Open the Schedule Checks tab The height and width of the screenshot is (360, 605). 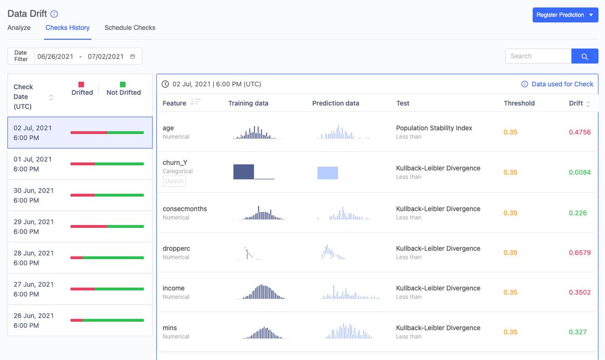(130, 28)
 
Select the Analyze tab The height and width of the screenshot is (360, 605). (19, 28)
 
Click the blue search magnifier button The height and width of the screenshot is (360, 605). (585, 56)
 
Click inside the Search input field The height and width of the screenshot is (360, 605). (537, 56)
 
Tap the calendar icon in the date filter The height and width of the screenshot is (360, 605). (133, 56)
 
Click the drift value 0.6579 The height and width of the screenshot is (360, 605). (579, 253)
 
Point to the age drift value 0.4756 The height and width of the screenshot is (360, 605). (579, 132)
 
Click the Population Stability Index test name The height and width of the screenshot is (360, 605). (434, 128)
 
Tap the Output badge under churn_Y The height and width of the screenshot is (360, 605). (174, 181)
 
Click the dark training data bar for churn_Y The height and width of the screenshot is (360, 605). (244, 172)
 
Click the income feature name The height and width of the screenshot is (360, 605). (173, 288)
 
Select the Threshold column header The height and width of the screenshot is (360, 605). (519, 103)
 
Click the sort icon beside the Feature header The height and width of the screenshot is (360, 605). (195, 102)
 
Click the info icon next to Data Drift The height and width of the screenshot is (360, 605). (54, 14)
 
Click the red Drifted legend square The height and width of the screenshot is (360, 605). (82, 85)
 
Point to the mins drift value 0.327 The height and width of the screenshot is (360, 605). (578, 332)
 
